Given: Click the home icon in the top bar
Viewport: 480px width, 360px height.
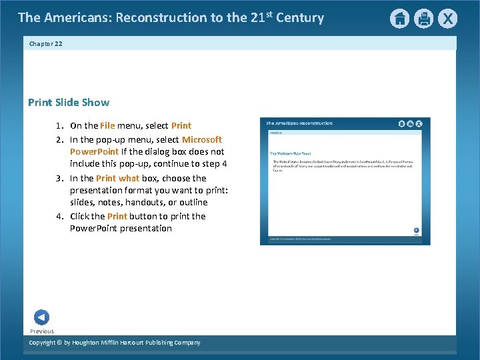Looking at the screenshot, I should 399,19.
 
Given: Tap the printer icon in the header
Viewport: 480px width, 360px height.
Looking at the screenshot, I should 423,19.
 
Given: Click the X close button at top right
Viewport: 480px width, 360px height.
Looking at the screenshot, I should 447,19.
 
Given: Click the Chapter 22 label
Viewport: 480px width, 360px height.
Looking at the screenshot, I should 45,44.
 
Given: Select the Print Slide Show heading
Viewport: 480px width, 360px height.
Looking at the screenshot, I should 69,103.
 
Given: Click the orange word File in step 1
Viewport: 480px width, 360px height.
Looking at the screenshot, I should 107,126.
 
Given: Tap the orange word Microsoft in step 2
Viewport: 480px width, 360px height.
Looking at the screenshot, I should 202,140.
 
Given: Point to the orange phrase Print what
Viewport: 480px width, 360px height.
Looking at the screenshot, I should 117,179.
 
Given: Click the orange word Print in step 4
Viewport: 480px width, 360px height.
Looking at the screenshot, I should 117,217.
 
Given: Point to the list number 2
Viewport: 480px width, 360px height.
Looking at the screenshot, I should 59,140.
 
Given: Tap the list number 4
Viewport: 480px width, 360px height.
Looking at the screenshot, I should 59,217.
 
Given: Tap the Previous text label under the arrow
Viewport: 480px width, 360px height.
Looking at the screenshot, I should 42,331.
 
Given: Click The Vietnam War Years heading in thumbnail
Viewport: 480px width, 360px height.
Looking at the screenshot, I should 291,153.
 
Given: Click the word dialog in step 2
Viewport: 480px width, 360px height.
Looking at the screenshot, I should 151,152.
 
